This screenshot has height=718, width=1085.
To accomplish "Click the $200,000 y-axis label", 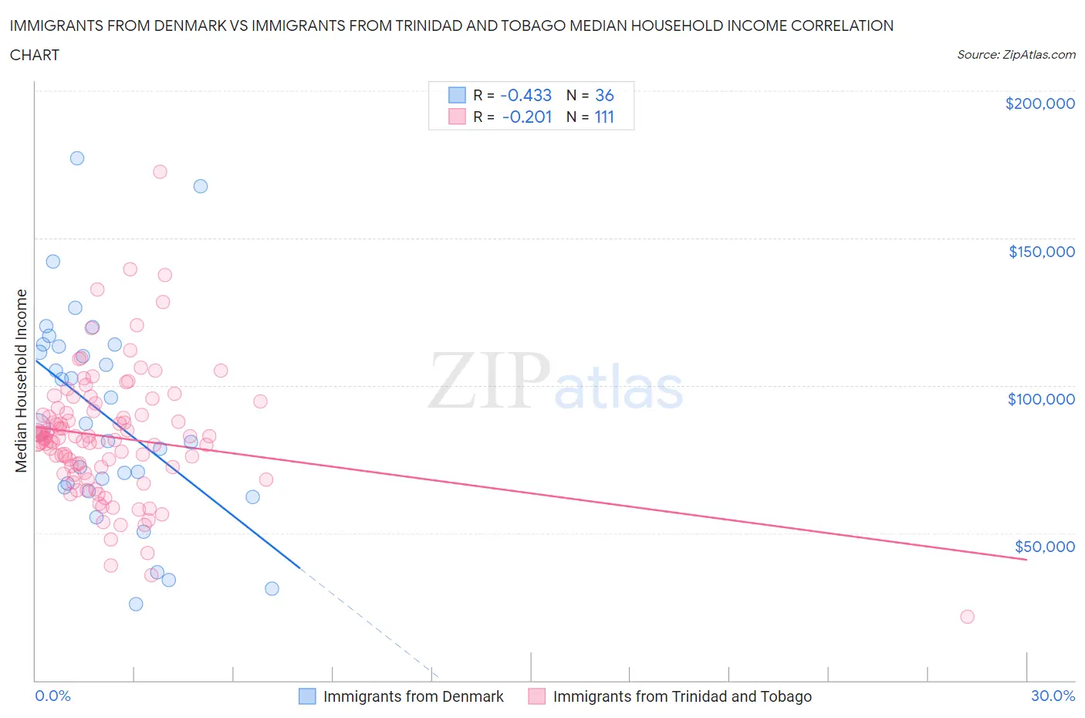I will pos(1039,104).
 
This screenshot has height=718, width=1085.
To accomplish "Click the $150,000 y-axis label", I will pos(1041,252).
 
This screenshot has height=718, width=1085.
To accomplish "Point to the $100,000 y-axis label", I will pos(1041,399).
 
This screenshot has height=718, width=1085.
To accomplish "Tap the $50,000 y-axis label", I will pos(1044,547).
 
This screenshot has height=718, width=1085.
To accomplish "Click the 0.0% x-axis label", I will pos(52,696).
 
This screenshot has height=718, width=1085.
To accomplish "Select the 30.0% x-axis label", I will pos(1053,696).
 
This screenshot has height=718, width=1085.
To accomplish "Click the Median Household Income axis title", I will pos(22,381).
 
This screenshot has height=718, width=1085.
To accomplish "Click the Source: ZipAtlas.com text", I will pos(1016,55).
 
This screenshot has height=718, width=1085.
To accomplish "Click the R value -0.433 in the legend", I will pos(526,96).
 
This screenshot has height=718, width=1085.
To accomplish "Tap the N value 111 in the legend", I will pos(604,117).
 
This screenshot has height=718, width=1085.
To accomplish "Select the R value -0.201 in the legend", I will pos(526,117).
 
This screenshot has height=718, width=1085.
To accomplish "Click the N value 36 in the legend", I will pos(604,96).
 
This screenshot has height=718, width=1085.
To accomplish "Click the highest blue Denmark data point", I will pos(77,158).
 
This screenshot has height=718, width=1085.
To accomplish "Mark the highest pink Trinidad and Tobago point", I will pos(160,171).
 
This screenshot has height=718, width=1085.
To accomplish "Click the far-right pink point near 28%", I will pos(967,616).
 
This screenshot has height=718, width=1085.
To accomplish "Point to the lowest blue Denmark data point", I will pos(136,604).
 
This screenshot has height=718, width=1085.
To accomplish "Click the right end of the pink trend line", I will pos(1026,559).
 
